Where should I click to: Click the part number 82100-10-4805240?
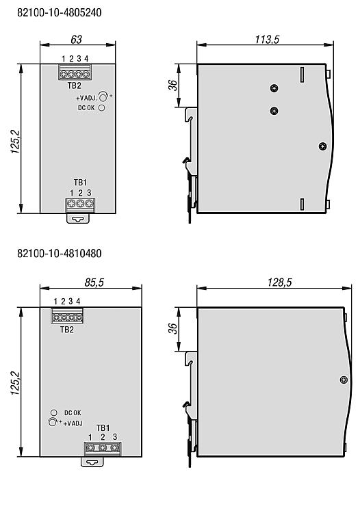tap(60, 12)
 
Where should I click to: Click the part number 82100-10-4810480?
tap(60, 253)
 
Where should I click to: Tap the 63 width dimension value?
tap(76, 39)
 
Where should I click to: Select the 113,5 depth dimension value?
tap(267, 39)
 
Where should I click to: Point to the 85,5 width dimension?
tap(94, 282)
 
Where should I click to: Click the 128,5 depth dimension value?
tap(279, 282)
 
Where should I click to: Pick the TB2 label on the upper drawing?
tap(75, 85)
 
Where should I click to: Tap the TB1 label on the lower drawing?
tap(103, 428)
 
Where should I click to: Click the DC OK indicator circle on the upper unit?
tap(102, 107)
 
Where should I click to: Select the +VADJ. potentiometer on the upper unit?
tap(103, 97)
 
